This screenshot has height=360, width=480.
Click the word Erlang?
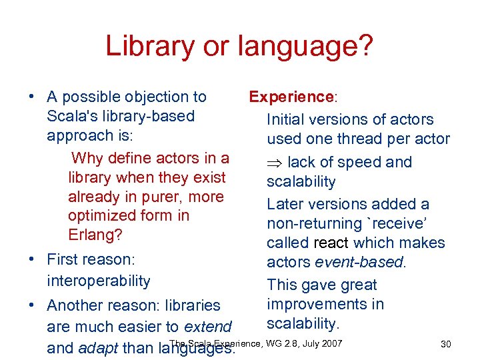click(x=95, y=235)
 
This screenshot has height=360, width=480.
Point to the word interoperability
click(x=99, y=281)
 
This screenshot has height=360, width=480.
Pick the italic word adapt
click(x=99, y=348)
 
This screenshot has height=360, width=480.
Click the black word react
click(x=331, y=243)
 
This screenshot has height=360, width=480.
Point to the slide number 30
click(x=446, y=344)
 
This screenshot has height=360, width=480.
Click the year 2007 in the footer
click(x=331, y=343)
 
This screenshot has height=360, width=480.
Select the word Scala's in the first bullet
click(x=71, y=116)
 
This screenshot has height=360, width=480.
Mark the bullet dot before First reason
click(x=31, y=259)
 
